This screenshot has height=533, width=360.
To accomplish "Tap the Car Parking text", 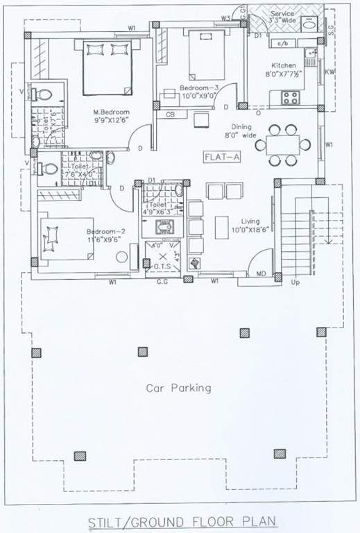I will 178,388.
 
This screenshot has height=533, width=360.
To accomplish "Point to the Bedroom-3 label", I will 199,90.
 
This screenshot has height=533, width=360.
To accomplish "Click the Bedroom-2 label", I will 104,231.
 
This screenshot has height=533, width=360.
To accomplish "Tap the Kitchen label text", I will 284,67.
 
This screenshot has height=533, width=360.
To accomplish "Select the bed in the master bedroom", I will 106,68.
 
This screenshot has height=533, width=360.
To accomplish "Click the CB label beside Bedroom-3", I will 169,115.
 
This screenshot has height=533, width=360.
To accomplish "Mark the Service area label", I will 283,13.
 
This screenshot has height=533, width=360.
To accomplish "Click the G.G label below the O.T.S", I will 162,282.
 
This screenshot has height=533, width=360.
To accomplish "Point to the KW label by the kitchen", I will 330,71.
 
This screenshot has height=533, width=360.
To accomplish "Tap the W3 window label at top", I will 225,17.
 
